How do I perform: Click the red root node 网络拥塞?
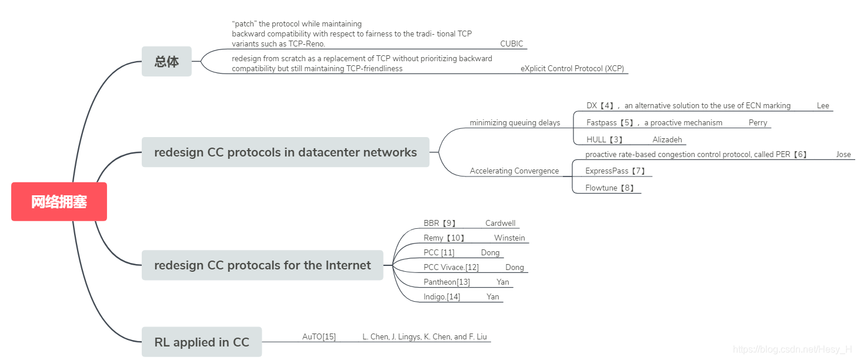(59, 202)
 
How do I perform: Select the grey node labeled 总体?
(166, 61)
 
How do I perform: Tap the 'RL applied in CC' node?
(202, 342)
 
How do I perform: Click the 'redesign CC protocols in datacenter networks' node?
(285, 152)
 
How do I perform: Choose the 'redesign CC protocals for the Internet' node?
(262, 265)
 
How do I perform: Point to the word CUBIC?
(511, 44)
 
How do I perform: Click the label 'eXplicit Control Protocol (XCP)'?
(572, 68)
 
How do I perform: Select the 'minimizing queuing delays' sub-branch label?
(515, 123)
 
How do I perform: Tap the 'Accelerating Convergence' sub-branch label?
(514, 171)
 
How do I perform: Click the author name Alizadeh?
(667, 140)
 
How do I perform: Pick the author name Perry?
(758, 123)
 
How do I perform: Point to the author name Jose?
(843, 155)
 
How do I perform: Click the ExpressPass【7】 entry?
(615, 171)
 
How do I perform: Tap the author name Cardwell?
(500, 224)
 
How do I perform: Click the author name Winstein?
(509, 238)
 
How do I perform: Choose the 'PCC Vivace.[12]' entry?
(451, 268)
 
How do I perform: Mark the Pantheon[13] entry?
(446, 282)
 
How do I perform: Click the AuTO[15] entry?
(319, 337)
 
